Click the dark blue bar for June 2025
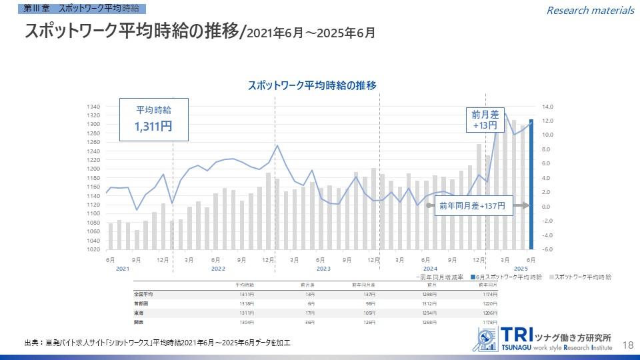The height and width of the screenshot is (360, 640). [531, 184]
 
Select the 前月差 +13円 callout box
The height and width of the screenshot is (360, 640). [485, 120]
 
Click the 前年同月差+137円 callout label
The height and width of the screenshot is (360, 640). [473, 206]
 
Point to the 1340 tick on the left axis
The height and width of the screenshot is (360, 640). [93, 107]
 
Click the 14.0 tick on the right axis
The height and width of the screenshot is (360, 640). [548, 107]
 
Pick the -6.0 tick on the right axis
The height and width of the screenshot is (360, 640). [548, 249]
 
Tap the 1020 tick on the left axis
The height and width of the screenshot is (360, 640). [93, 249]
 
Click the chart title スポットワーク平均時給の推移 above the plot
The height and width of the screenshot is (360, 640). [312, 85]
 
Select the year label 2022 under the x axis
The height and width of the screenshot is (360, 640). [218, 268]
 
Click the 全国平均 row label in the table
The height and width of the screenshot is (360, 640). [144, 293]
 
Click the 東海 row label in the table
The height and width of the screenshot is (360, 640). [139, 312]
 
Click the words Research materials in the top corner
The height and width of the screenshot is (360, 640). [590, 10]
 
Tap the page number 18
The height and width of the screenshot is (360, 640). [627, 345]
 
